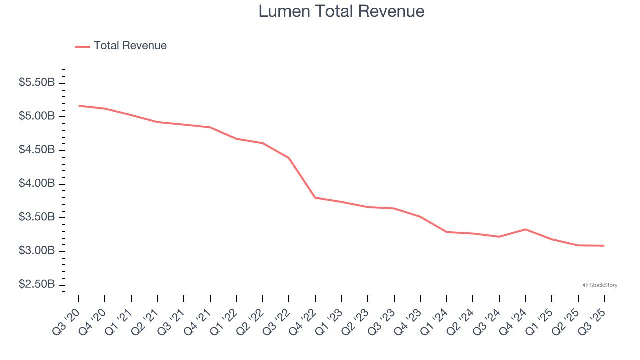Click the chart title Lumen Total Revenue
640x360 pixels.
[341, 11]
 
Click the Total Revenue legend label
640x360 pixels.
[130, 46]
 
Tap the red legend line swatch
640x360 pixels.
[82, 46]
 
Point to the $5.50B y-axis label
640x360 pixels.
[37, 83]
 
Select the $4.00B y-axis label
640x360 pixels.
[37, 184]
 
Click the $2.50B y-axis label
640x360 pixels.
[37, 284]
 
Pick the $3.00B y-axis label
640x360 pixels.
[37, 251]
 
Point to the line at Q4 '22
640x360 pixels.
[315, 198]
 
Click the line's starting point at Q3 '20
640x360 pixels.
[79, 106]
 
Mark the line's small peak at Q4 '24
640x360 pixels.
[525, 229]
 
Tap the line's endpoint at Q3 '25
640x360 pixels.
[604, 246]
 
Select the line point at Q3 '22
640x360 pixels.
[289, 158]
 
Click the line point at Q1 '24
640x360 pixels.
[446, 232]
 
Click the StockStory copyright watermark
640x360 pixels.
[600, 285]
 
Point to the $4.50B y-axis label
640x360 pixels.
[37, 150]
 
